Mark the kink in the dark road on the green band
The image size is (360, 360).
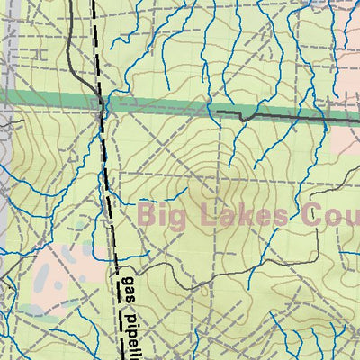pos(243,117)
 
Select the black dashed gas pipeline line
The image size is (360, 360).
pos(108,180)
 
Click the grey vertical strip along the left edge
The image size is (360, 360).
pos(4,180)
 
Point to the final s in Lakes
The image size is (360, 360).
pos(283,217)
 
